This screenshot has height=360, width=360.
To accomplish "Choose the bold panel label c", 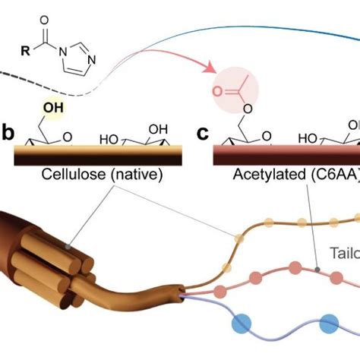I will point(202,134).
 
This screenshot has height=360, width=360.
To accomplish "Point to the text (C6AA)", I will point(324,175).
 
